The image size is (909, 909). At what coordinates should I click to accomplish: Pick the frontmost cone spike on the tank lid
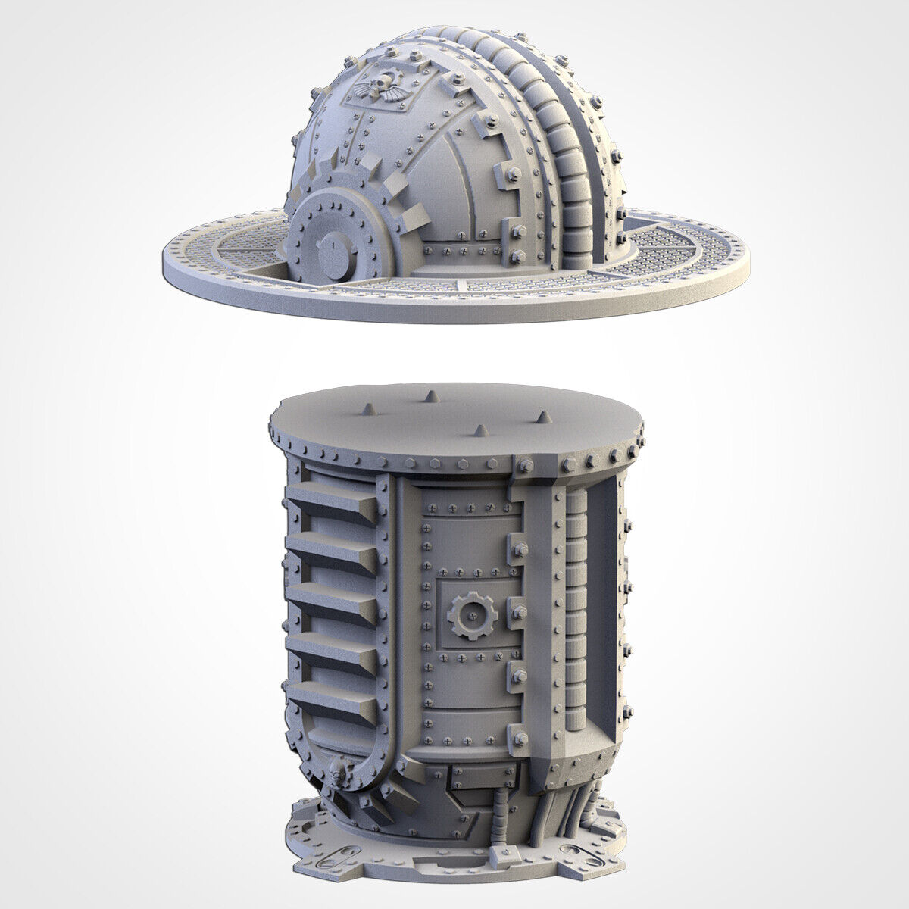pos(479,431)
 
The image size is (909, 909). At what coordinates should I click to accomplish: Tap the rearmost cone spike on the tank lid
pos(429,396)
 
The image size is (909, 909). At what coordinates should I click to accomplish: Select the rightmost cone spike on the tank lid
pos(542,417)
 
